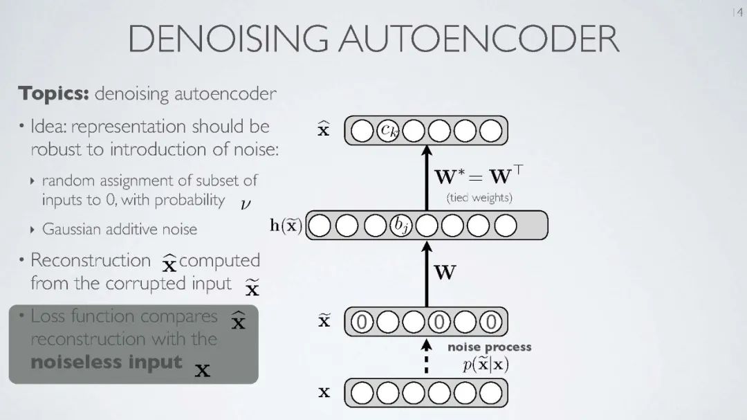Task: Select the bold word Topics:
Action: click(x=54, y=93)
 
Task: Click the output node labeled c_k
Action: click(x=389, y=130)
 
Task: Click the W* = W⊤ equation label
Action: click(x=478, y=176)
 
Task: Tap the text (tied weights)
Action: click(x=479, y=197)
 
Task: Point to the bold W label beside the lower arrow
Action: click(x=445, y=273)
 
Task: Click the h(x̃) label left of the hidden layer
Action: click(x=286, y=226)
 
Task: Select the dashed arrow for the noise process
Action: click(x=427, y=356)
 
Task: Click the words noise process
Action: click(x=489, y=347)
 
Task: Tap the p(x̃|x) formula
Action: click(x=486, y=365)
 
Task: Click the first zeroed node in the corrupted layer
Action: click(x=362, y=321)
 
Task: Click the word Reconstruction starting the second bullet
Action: click(x=90, y=261)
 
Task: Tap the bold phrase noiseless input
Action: click(x=107, y=362)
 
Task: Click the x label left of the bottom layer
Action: click(x=324, y=393)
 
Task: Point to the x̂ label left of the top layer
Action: click(x=323, y=129)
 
